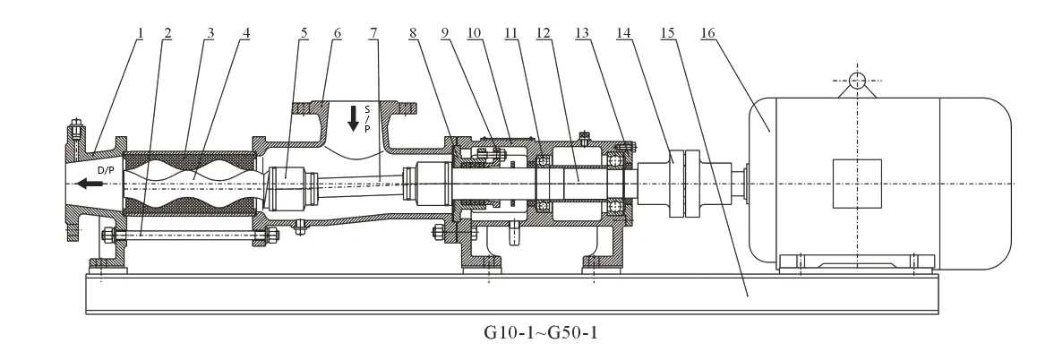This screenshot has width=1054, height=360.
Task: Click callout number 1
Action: click(141, 32)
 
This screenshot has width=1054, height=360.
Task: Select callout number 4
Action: click(246, 32)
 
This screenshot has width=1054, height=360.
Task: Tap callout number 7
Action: click(373, 32)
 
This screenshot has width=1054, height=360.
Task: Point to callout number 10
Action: click(475, 32)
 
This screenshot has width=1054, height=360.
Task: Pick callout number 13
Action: click(582, 32)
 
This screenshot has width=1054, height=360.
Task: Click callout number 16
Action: click(707, 32)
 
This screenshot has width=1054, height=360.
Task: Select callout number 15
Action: click(667, 32)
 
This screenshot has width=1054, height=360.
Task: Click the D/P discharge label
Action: click(107, 170)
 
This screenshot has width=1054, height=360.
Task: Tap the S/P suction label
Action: click(367, 118)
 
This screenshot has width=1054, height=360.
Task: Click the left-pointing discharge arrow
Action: click(90, 183)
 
